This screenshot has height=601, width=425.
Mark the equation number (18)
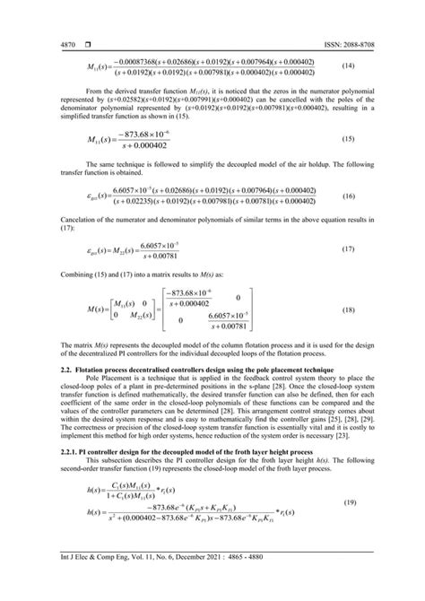(x=382, y=309)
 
